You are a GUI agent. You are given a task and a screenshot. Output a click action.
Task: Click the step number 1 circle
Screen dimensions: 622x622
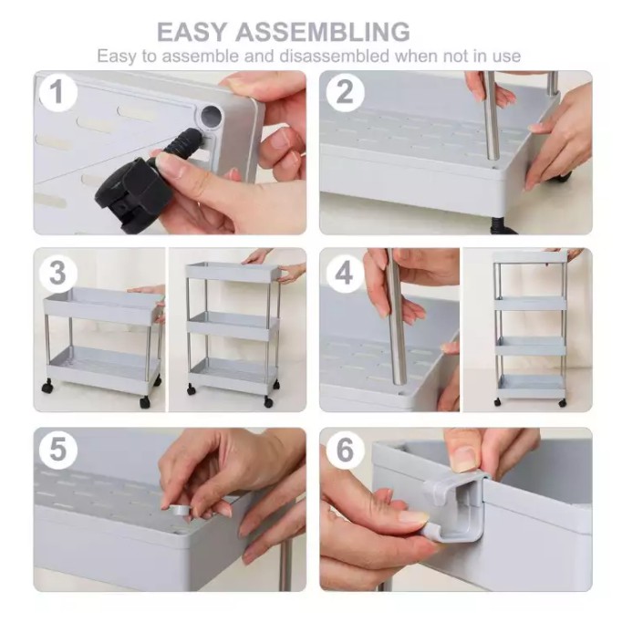click(x=58, y=92)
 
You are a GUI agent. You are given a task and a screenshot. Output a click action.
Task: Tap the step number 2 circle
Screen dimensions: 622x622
click(x=345, y=92)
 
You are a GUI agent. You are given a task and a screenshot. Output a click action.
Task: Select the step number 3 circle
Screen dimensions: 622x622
click(x=58, y=273)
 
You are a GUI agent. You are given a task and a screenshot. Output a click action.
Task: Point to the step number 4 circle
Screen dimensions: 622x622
click(x=344, y=273)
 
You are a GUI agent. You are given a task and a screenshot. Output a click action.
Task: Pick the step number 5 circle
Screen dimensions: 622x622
click(x=58, y=451)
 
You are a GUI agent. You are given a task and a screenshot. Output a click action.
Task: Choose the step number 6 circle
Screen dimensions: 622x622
click(x=345, y=451)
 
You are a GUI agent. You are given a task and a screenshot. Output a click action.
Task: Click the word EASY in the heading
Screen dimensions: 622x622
click(x=192, y=32)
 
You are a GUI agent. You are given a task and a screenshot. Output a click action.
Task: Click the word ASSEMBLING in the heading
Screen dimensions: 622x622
click(x=323, y=32)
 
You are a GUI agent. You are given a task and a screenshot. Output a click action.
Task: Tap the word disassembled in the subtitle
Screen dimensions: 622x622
click(x=335, y=56)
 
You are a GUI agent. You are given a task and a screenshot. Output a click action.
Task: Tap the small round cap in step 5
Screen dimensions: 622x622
click(x=181, y=510)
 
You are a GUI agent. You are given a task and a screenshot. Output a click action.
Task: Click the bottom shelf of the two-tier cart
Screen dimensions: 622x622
click(x=103, y=366)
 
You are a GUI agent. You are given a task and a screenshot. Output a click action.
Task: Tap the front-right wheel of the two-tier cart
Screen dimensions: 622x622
click(x=145, y=402)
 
